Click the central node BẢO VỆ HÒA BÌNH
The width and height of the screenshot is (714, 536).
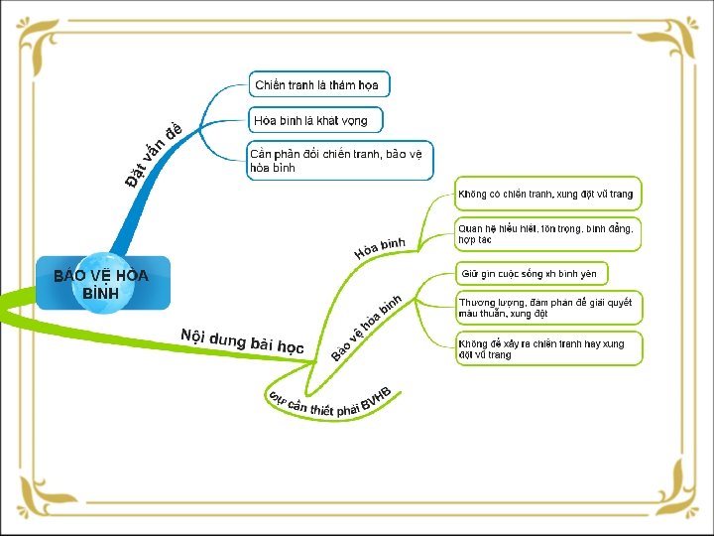101,284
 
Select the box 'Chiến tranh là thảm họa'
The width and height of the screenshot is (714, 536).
317,84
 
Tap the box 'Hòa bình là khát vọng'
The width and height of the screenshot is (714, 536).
312,120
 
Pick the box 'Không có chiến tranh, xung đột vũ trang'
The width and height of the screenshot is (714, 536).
546,194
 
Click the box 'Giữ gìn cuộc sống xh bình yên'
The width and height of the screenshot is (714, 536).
531,273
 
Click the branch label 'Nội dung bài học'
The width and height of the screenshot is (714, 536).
242,340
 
